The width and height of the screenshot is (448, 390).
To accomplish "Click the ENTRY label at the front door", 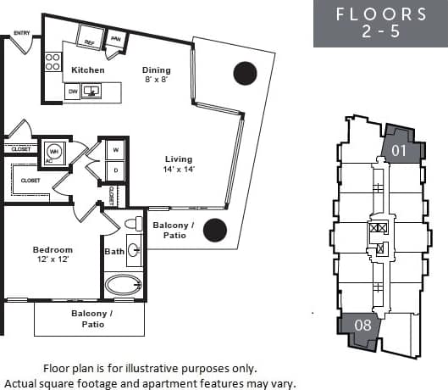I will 22,34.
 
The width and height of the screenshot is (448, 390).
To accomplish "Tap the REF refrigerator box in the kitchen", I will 87,39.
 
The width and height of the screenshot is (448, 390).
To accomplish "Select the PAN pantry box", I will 116,38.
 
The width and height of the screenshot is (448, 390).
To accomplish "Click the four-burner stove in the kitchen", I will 53,61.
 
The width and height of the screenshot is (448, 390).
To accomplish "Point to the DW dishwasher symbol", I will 74,91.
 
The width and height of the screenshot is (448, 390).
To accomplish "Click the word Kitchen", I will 88,70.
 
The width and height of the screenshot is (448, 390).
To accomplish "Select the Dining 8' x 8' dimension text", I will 157,75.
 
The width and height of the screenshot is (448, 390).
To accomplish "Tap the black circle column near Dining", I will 246,73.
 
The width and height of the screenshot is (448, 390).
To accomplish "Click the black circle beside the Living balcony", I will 216,229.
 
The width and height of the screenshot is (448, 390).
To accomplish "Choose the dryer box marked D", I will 115,170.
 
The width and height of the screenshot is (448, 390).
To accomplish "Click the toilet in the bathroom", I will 133,225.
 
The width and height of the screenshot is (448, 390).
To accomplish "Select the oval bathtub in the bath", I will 125,284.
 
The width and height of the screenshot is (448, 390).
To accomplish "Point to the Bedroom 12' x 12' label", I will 53,254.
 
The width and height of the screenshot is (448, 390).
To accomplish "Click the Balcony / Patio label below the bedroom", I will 93,319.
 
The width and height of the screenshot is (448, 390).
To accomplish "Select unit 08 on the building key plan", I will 362,324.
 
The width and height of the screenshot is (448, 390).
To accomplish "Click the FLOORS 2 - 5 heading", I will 380,24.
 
